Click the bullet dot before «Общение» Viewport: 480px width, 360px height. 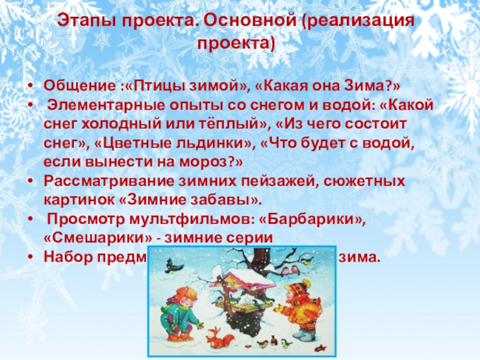31,83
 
